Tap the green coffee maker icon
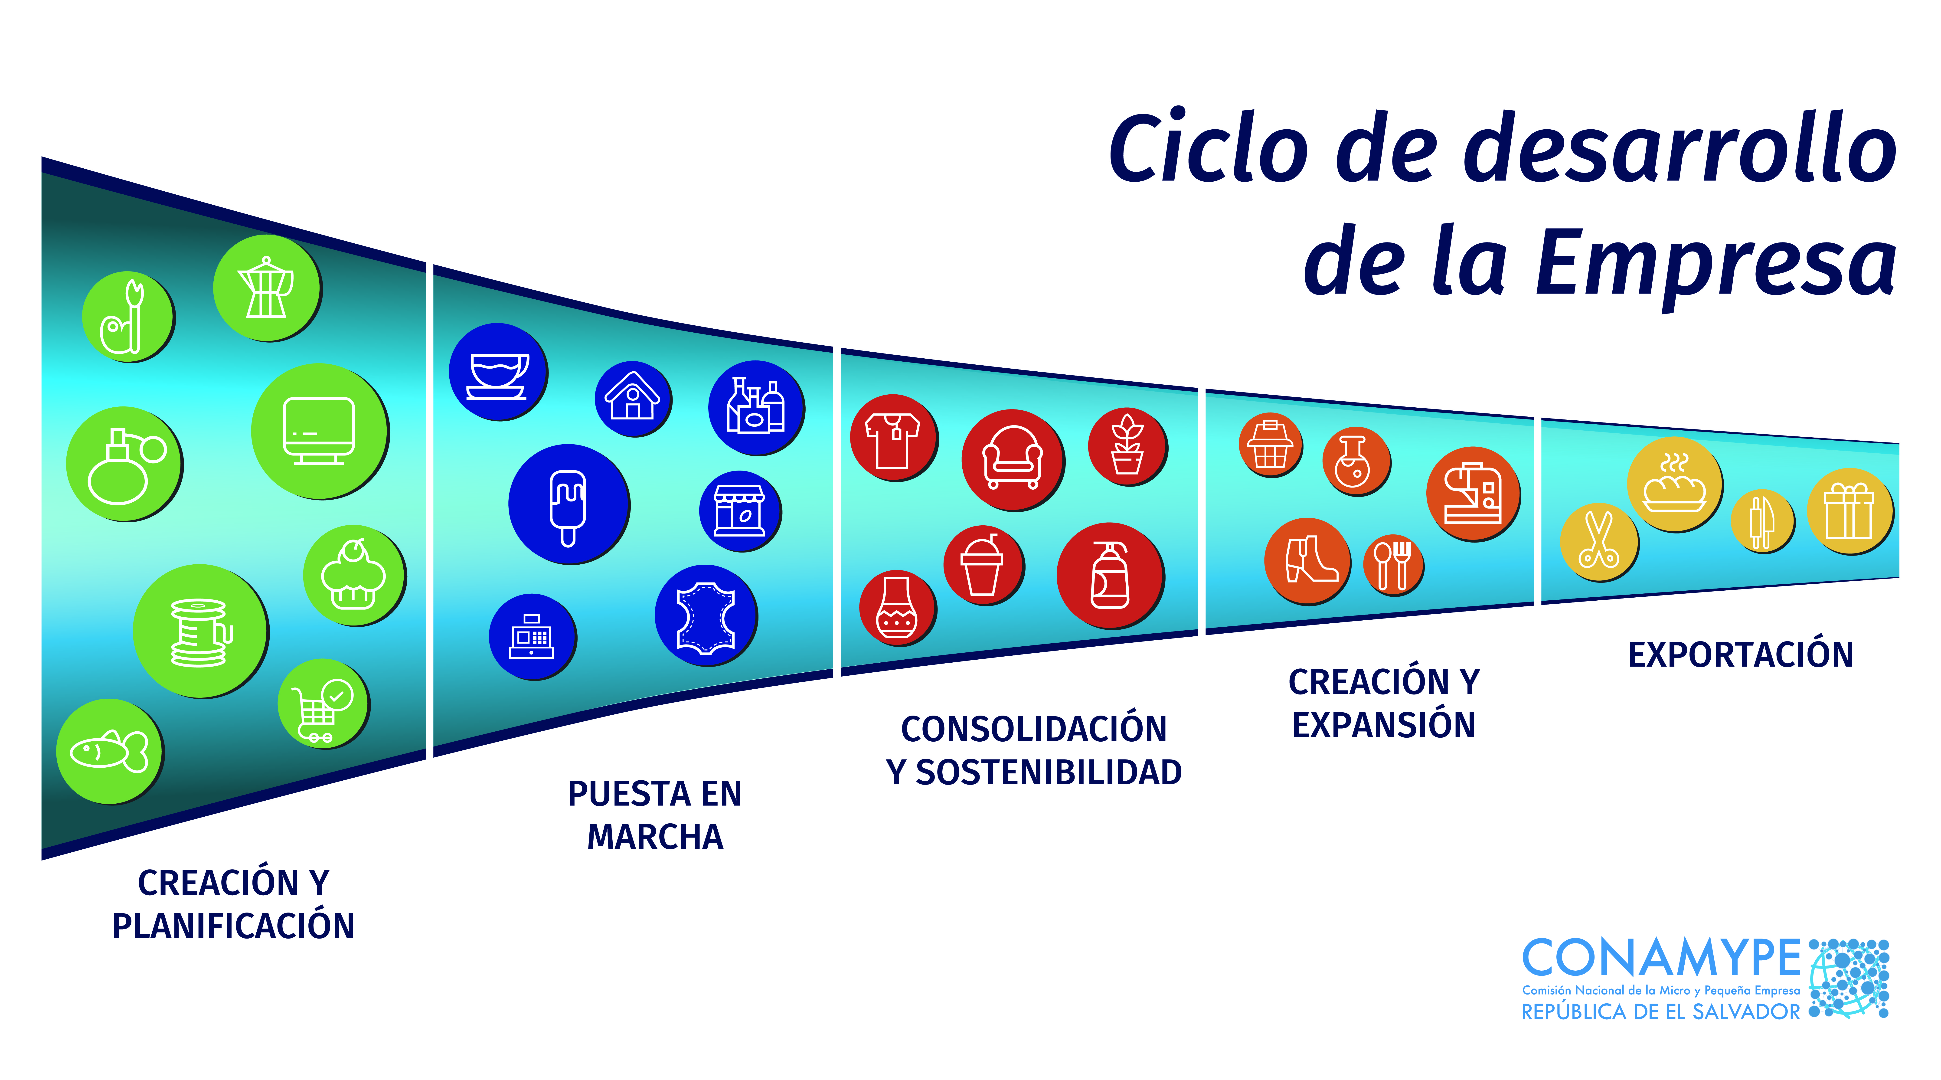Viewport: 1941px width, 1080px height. coord(267,288)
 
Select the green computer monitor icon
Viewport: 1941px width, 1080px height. coord(320,431)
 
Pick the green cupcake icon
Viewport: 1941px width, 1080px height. coord(354,575)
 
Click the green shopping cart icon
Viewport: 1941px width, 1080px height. coord(323,703)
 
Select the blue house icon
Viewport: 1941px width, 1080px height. coord(633,399)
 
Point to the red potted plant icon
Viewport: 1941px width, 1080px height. coord(1128,447)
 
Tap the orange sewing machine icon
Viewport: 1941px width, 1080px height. coord(1473,494)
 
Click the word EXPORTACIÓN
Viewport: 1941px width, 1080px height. coord(1741,654)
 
